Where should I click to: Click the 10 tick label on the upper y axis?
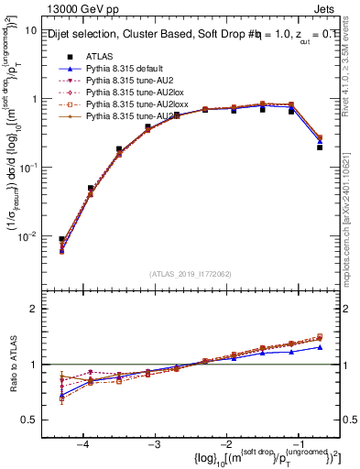coord(29,30)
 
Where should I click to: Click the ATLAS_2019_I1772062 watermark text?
coord(190,273)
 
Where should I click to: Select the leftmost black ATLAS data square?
coord(61,239)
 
